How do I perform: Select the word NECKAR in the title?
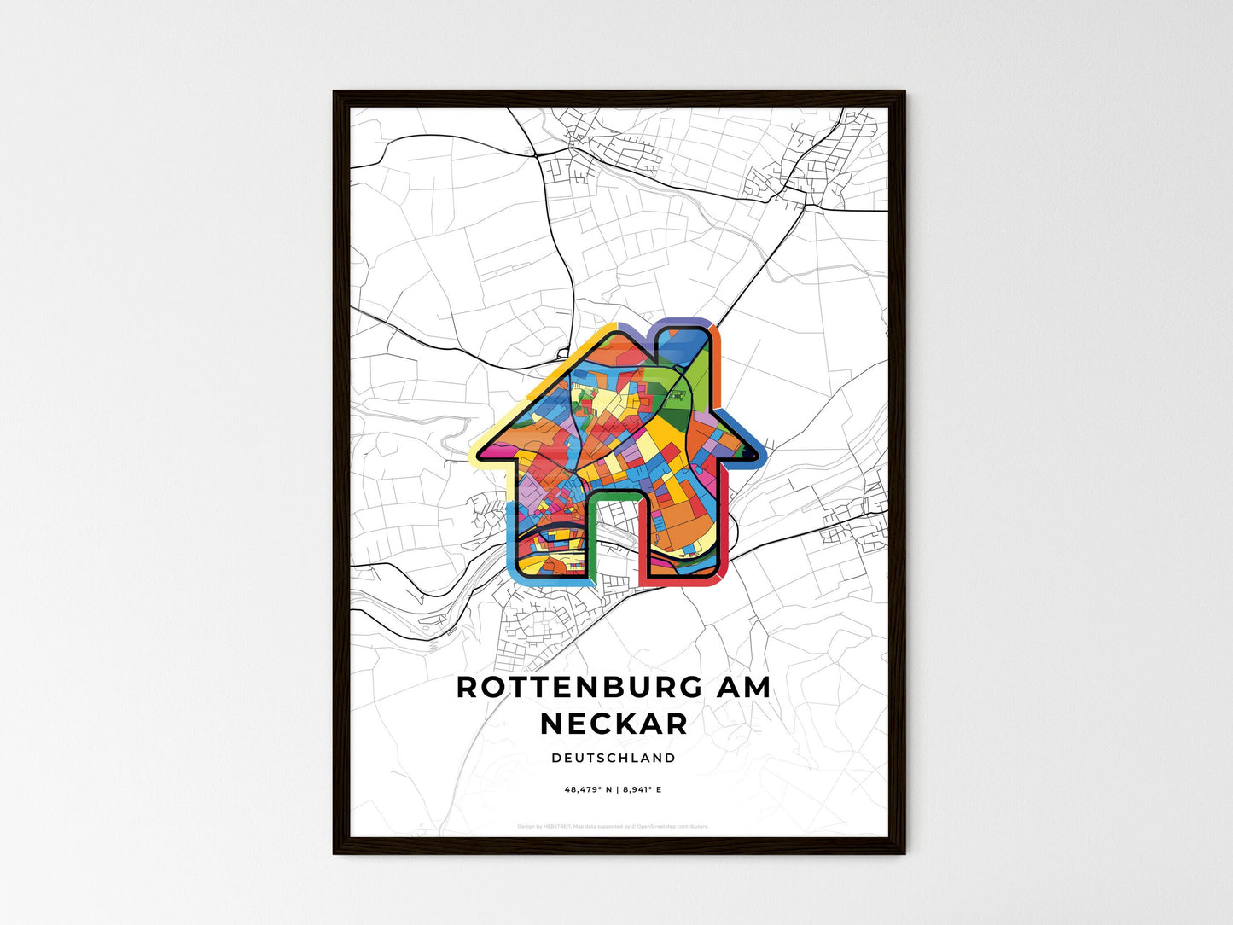(x=614, y=724)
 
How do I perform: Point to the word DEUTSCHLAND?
(x=614, y=758)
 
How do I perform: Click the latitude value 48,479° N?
(x=588, y=789)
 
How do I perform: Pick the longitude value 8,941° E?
(x=643, y=789)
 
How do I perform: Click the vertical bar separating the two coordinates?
(x=617, y=789)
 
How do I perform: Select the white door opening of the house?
(x=614, y=538)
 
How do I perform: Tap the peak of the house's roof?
(x=616, y=331)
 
